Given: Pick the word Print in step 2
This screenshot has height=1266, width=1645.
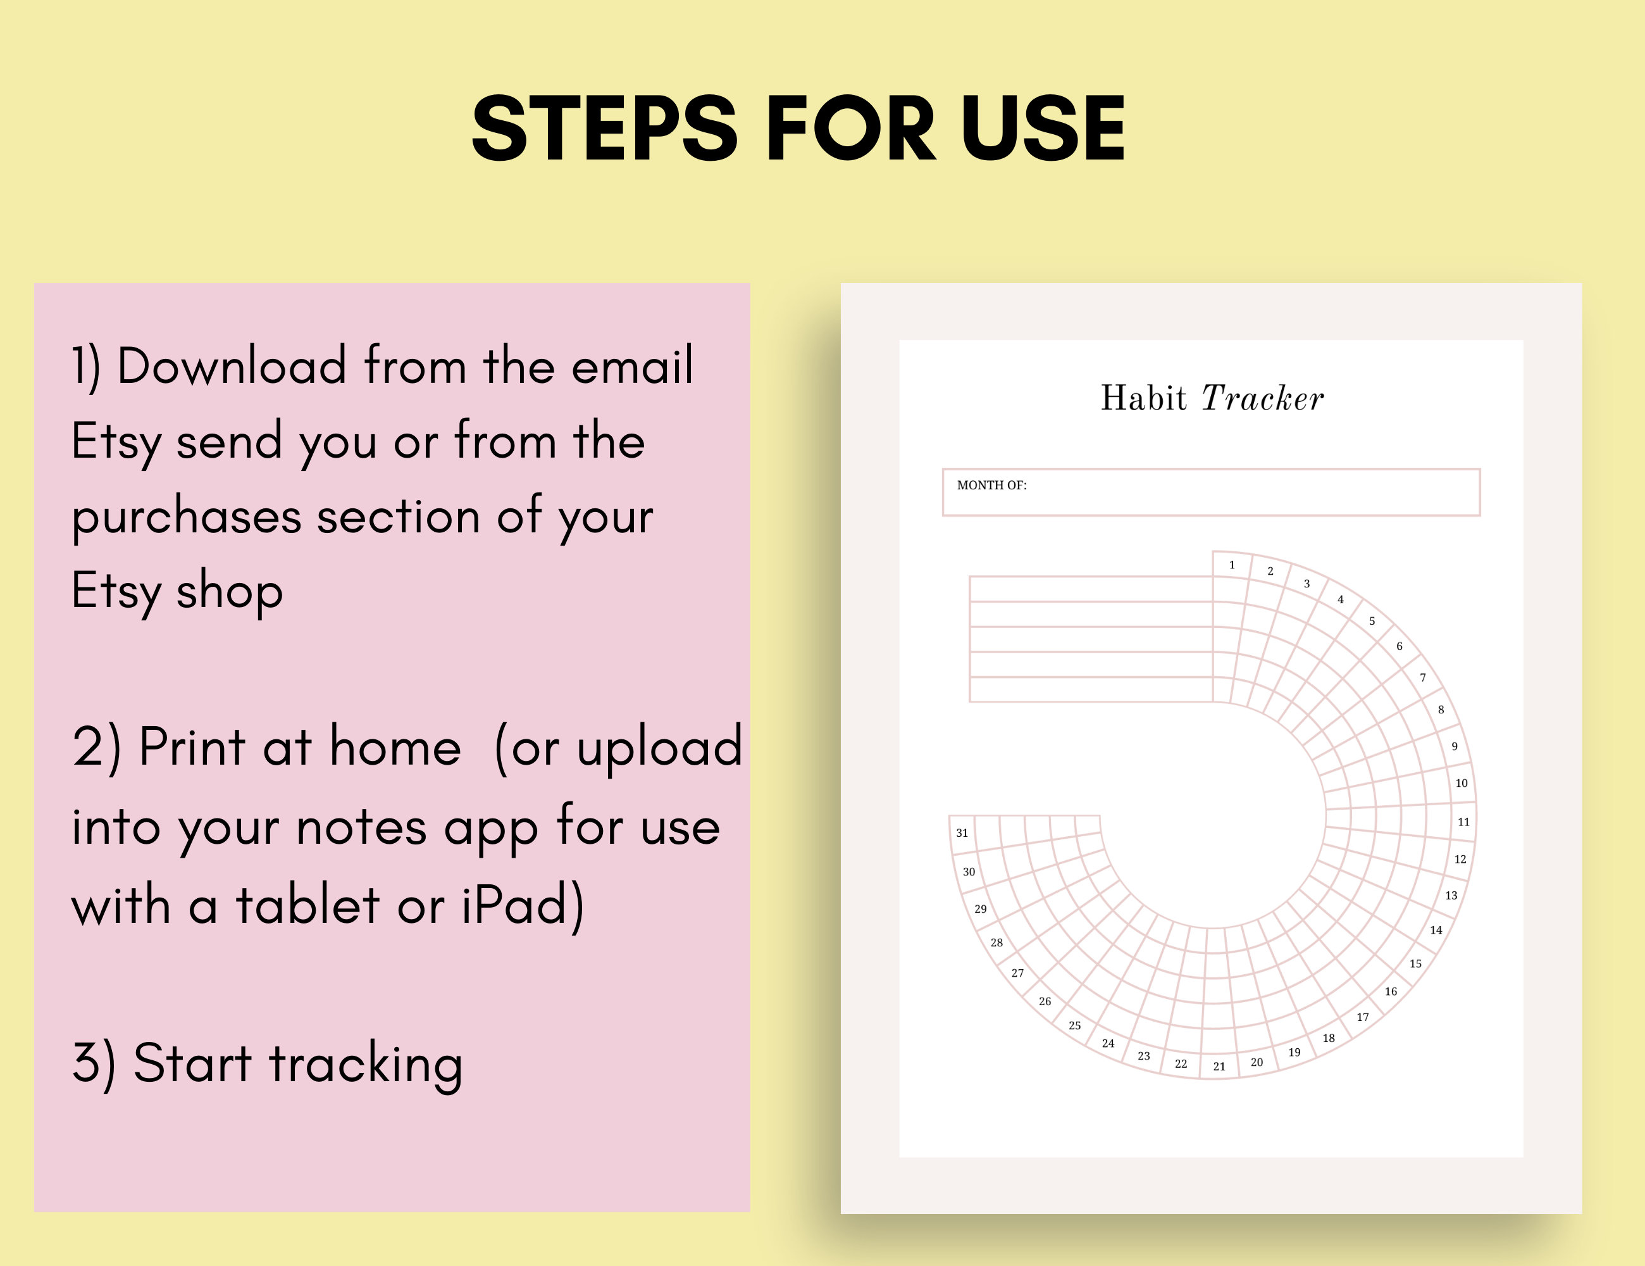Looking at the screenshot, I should click(x=193, y=748).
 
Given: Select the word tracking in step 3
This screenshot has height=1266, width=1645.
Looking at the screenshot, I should click(x=366, y=1065).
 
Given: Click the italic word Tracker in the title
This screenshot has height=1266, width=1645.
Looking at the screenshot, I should click(x=1262, y=398).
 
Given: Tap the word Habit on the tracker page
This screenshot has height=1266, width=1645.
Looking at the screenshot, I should click(x=1143, y=398).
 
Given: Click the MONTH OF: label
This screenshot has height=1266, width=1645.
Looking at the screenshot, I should click(x=991, y=486).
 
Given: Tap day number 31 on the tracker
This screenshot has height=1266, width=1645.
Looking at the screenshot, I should click(x=962, y=832).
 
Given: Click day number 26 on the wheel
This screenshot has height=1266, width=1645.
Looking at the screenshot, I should click(x=1045, y=1001).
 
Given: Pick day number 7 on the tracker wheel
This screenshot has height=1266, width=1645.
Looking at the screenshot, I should click(x=1423, y=677).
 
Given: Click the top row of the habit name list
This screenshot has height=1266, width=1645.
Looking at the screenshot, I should click(x=1091, y=589).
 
